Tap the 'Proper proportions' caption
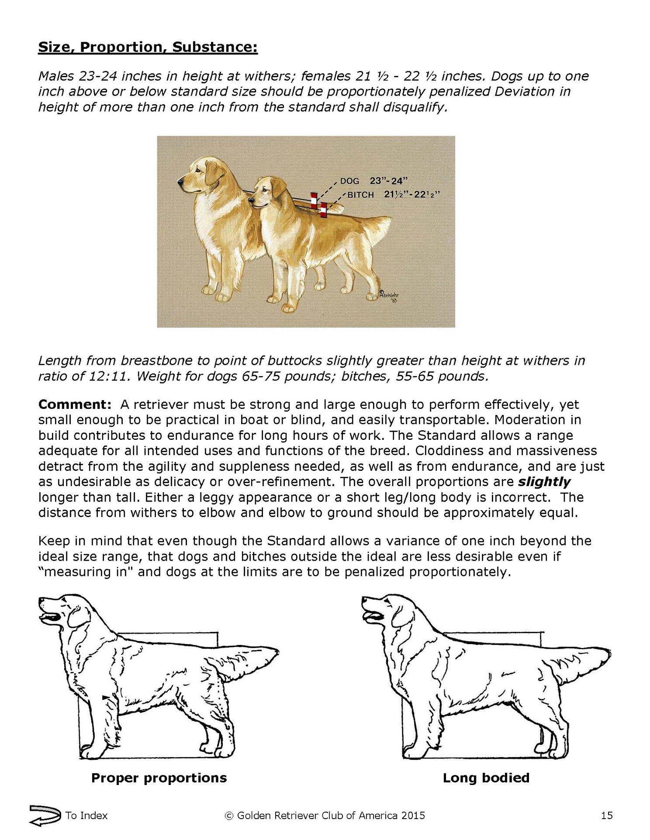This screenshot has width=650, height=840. (159, 778)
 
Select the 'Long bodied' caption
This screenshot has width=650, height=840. (486, 778)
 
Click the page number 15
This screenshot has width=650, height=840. (607, 815)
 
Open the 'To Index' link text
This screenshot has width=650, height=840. (86, 815)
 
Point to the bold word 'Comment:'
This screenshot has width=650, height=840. (75, 405)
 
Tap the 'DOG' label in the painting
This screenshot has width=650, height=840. (349, 181)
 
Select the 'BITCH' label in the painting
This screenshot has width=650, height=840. (360, 195)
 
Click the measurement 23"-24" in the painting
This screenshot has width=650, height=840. (389, 181)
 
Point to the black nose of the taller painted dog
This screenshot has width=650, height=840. (180, 180)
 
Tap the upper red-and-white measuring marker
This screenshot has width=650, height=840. (313, 199)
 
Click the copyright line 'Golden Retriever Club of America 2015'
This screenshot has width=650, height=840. (325, 815)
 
